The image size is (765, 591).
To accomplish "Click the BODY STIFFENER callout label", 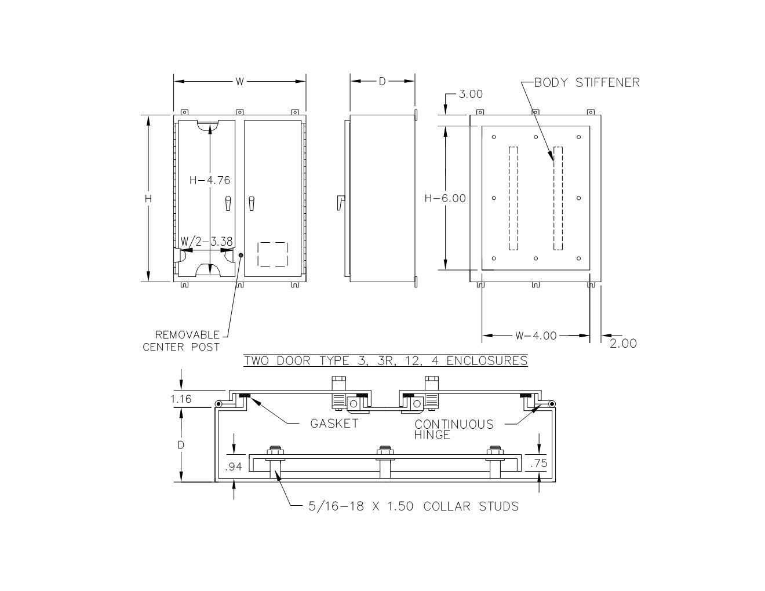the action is coord(587,82).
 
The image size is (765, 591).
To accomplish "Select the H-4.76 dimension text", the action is coord(210,180).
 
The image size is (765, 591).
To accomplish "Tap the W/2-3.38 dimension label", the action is coord(207,242).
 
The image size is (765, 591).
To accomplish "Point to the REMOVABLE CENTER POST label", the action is coord(181,341).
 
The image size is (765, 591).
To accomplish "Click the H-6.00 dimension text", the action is coord(445,199).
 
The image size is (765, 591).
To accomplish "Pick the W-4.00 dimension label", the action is coord(536,335).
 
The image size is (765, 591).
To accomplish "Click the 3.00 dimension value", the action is coord(471,94).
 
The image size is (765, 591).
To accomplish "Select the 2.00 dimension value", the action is coord(623,344).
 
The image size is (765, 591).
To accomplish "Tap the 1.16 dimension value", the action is coord(181,399).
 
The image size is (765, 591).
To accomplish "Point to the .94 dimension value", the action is coord(234,467).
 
